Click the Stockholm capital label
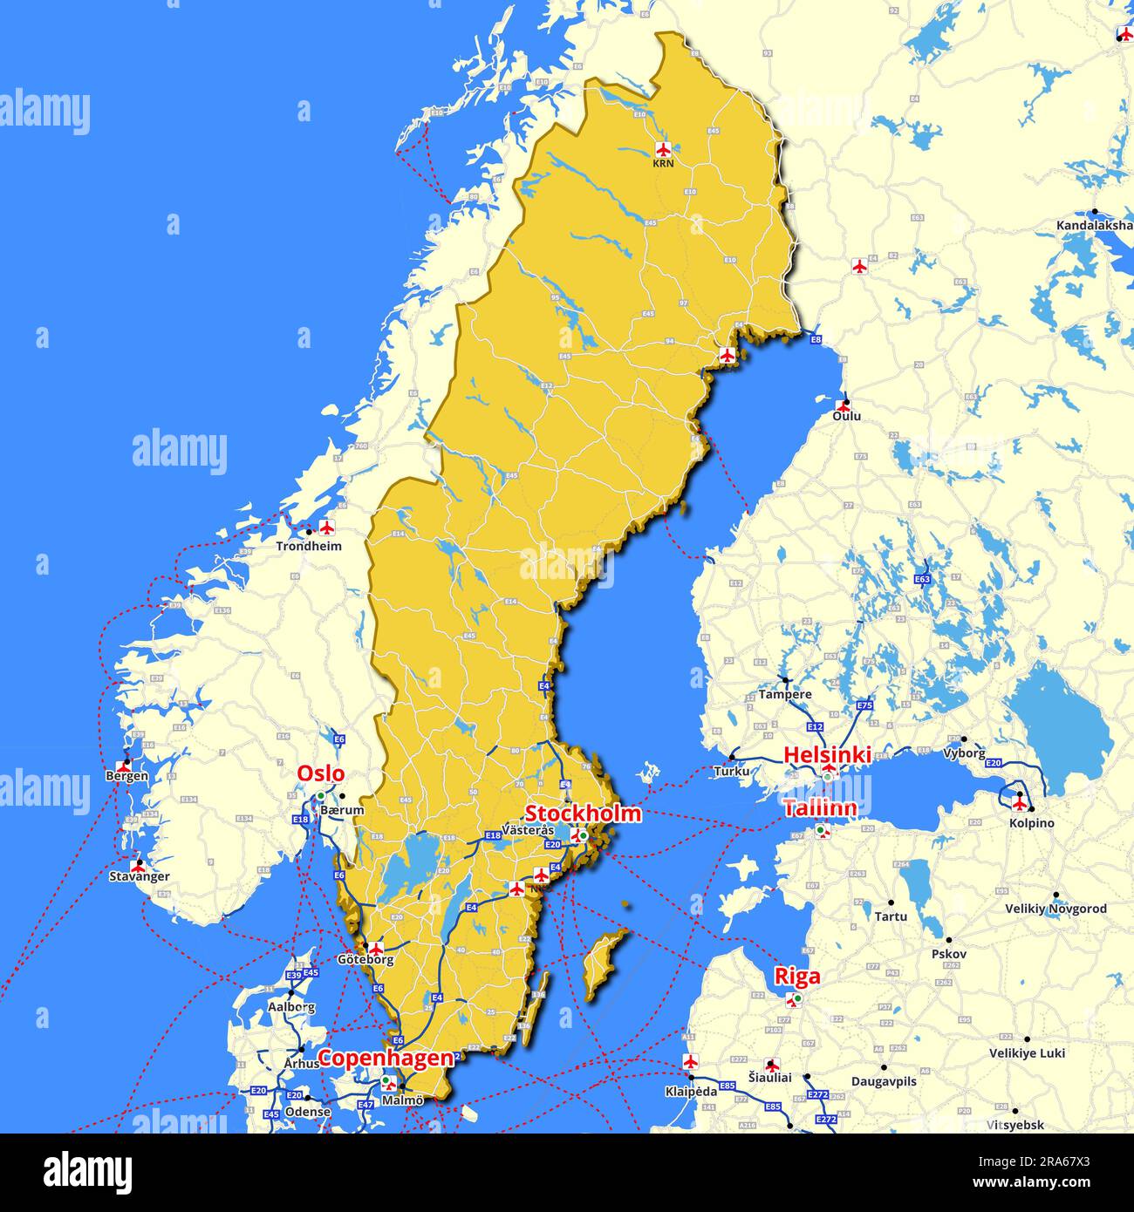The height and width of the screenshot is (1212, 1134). (x=582, y=814)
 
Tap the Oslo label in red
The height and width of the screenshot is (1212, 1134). (x=320, y=773)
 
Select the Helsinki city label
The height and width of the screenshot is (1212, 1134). (x=827, y=755)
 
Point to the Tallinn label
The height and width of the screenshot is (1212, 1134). (x=819, y=808)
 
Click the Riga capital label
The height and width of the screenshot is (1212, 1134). (x=797, y=976)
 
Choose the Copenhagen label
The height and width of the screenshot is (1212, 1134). (x=386, y=1059)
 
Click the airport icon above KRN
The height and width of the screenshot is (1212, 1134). (x=664, y=147)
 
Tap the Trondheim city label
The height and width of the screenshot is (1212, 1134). (x=309, y=547)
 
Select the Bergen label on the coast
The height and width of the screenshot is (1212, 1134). (x=126, y=776)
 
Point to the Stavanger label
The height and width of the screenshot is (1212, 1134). (x=140, y=876)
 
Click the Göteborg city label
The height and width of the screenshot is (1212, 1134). (x=365, y=960)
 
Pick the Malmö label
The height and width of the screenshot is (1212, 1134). (x=402, y=1100)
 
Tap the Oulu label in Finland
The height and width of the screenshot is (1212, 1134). (x=846, y=416)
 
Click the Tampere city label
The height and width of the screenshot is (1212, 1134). (x=784, y=695)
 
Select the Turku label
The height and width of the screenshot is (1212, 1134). (x=731, y=772)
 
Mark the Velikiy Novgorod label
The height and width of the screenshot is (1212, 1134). (x=1055, y=909)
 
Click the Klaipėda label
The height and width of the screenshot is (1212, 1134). (x=691, y=1091)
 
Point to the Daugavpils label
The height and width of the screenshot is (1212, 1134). (x=884, y=1081)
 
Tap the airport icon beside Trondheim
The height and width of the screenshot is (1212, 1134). (x=327, y=528)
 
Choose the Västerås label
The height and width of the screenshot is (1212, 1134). (x=528, y=830)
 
